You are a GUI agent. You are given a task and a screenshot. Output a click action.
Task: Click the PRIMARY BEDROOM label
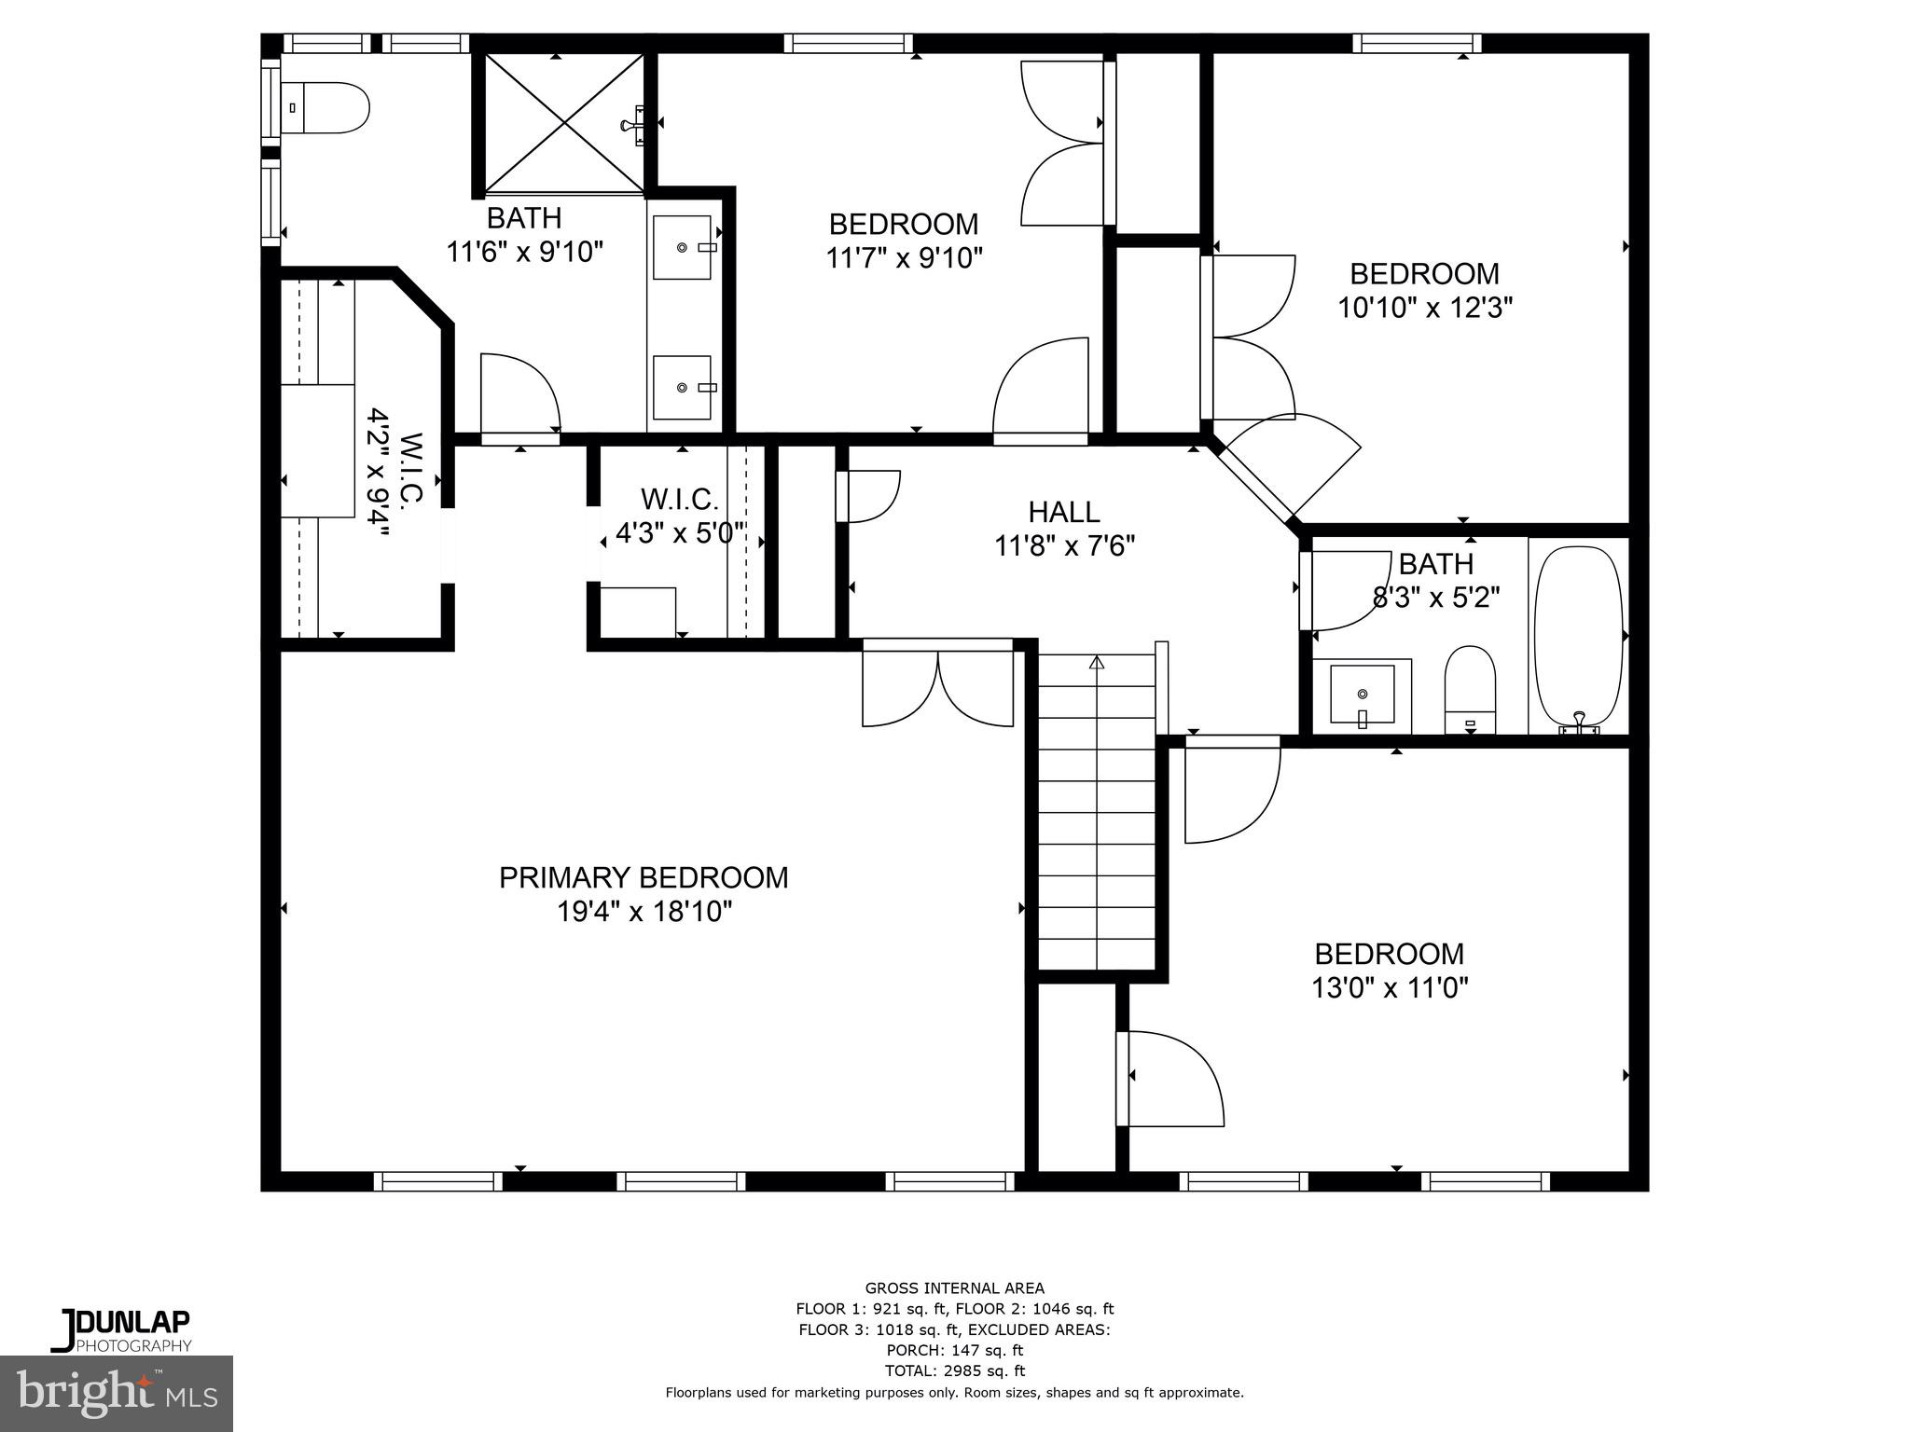[644, 877]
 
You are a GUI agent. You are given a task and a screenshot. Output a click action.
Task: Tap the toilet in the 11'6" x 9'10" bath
[326, 108]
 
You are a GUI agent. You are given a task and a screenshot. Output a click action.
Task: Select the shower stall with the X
[563, 124]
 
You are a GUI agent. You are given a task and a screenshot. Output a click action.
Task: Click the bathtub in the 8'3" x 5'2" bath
[1579, 636]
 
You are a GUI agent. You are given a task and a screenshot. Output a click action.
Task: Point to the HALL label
[1063, 512]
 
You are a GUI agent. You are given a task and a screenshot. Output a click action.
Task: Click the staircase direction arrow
[1097, 663]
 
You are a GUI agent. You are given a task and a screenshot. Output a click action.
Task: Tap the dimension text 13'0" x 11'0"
[1390, 988]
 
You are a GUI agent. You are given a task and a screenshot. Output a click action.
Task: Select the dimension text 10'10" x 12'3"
[1424, 308]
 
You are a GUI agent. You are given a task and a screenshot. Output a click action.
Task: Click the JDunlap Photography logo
[121, 1329]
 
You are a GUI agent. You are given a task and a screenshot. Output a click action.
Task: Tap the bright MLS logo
[117, 1393]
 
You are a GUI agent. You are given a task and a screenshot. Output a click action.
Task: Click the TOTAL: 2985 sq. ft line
[954, 1370]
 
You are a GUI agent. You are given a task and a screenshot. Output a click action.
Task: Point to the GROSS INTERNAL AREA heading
[954, 1288]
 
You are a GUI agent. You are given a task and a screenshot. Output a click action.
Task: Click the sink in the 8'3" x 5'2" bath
[1363, 695]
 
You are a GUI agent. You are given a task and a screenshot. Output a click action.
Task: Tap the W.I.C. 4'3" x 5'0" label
[680, 516]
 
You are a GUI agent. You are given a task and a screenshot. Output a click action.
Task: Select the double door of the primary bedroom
[937, 686]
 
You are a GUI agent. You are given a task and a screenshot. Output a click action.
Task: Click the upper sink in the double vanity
[682, 247]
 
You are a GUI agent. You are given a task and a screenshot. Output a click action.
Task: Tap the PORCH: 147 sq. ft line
[954, 1350]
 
